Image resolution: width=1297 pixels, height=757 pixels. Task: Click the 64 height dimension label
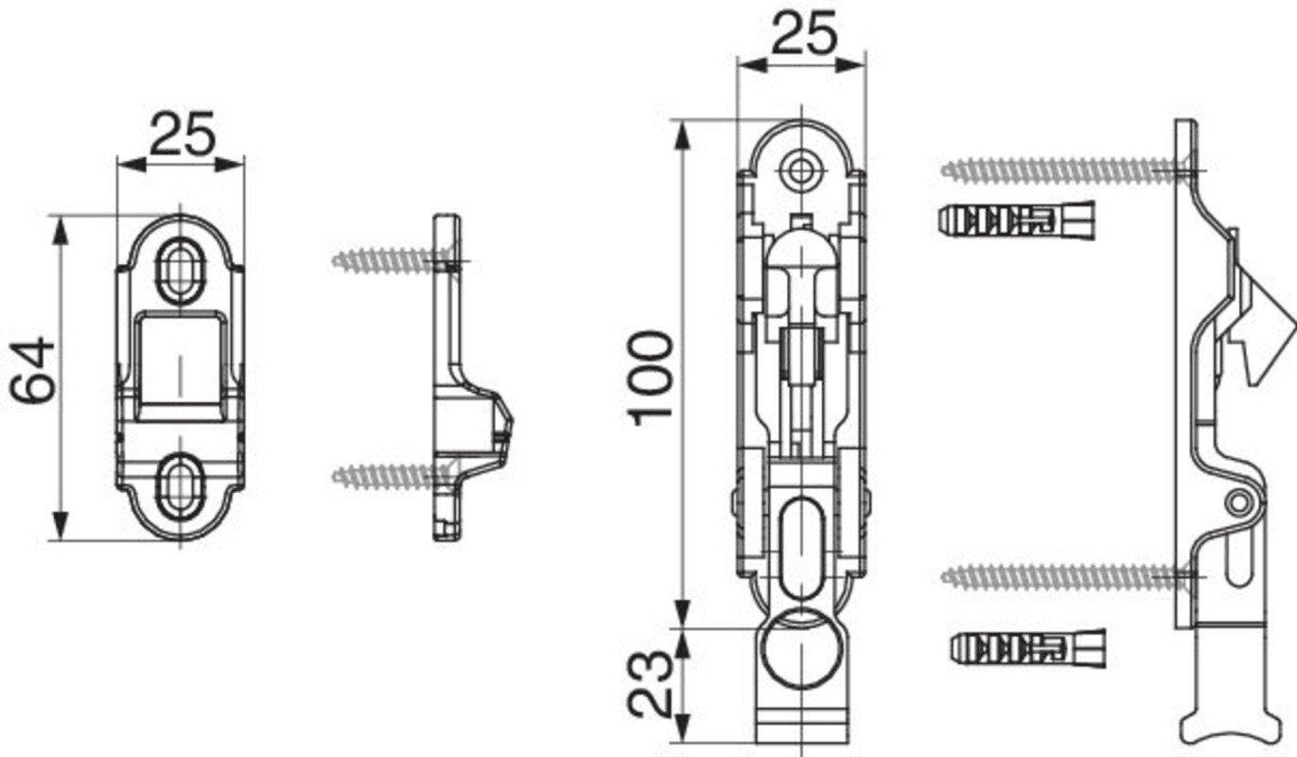33,370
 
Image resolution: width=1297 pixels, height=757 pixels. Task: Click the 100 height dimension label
651,378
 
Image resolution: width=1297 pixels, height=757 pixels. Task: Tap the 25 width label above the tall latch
804,33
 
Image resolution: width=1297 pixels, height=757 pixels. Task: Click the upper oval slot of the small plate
182,271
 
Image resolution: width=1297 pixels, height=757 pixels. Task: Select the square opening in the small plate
180,366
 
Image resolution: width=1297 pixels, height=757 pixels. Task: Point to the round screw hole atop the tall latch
801,171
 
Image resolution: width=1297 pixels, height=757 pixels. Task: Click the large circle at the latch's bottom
801,649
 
